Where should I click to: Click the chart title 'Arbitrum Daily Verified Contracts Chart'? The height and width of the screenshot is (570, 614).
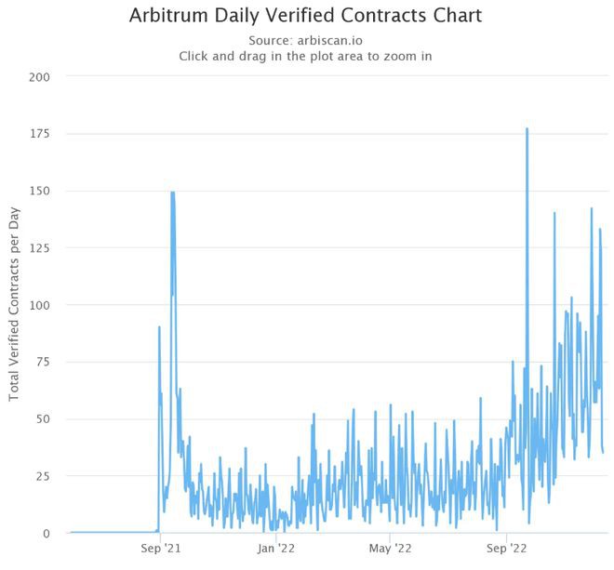point(306,17)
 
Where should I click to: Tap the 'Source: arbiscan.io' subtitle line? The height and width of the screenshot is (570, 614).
point(306,40)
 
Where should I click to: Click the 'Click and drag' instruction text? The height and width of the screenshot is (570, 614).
point(306,56)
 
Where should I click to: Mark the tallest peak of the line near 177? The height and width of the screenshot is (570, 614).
point(527,129)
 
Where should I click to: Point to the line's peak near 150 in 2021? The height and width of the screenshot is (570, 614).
point(173,192)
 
